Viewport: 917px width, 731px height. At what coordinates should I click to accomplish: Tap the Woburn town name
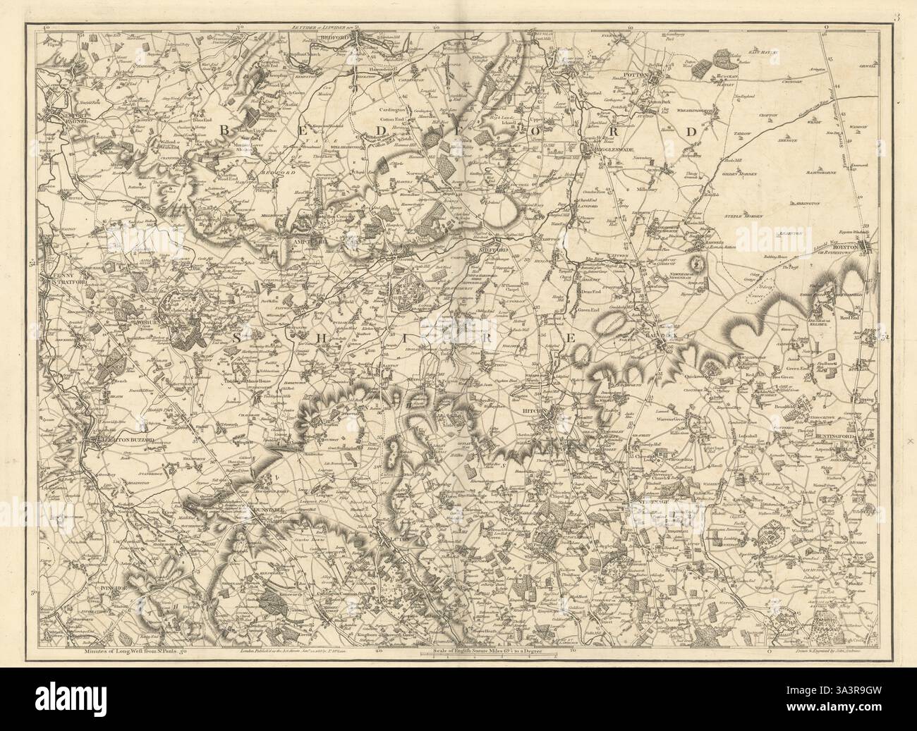coord(144,322)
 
